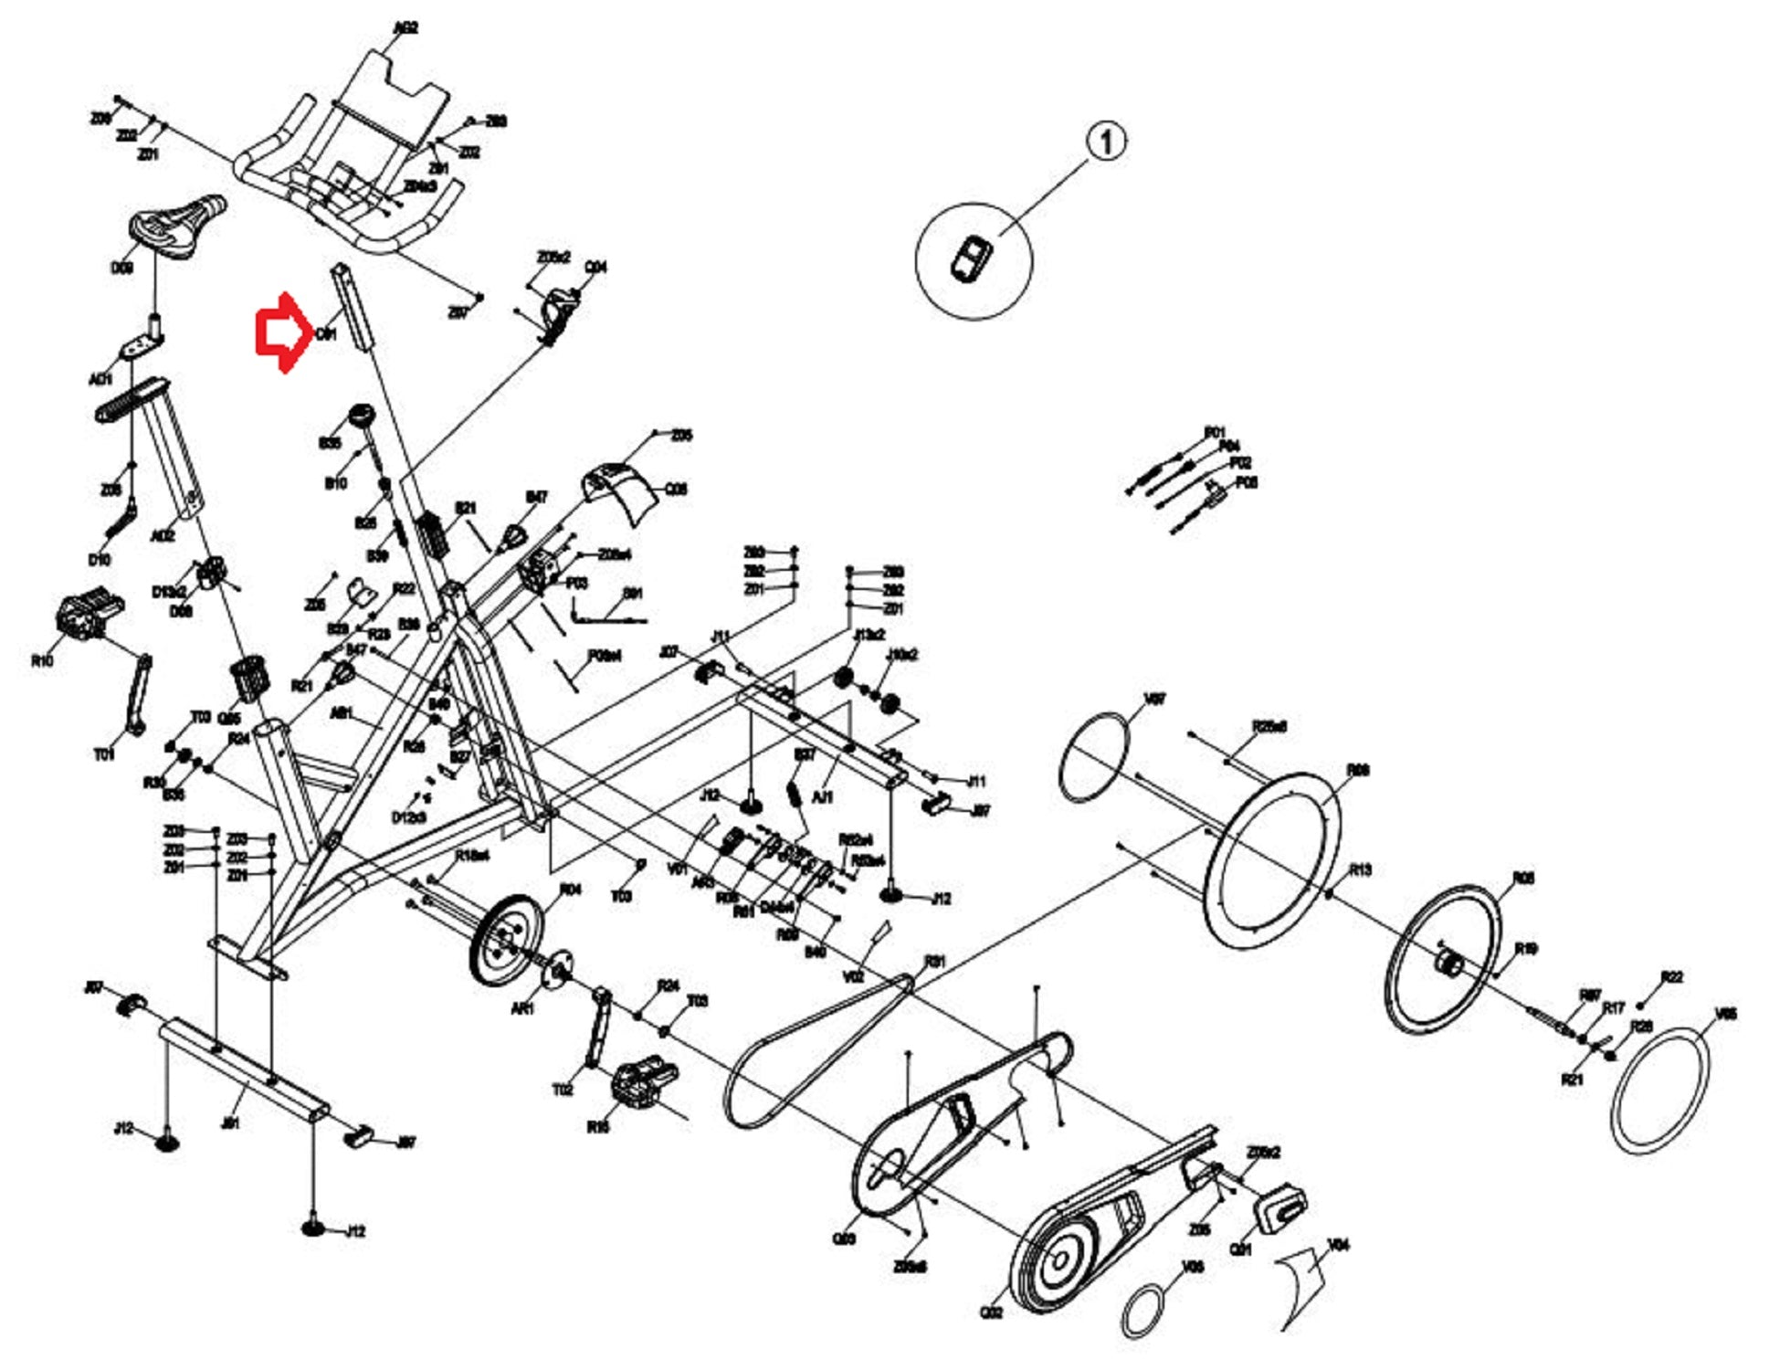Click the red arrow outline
tap(281, 333)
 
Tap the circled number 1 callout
tap(1106, 142)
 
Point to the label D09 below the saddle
tap(121, 269)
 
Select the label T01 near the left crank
tap(104, 754)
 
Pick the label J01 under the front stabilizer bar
tap(231, 1122)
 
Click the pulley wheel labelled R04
tap(504, 938)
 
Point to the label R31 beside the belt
tap(935, 962)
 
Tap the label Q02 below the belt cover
tap(992, 1312)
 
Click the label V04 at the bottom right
tap(1339, 1245)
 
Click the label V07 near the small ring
tap(1155, 700)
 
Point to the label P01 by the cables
tap(1215, 432)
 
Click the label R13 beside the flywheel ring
tap(1361, 869)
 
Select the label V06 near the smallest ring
tap(1193, 1267)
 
